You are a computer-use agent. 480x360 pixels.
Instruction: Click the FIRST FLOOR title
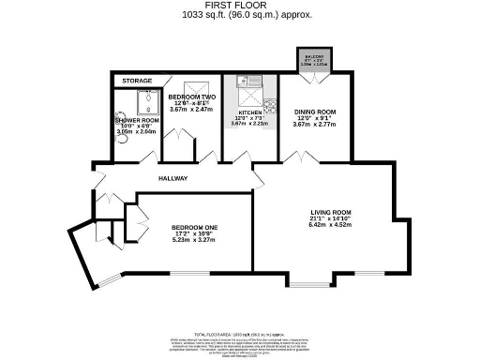pyautogui.click(x=239, y=6)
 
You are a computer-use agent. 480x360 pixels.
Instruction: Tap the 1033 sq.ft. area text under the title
pyautogui.click(x=239, y=15)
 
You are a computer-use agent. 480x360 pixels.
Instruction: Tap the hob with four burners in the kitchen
pyautogui.click(x=269, y=104)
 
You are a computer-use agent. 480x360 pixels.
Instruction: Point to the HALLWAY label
pyautogui.click(x=172, y=178)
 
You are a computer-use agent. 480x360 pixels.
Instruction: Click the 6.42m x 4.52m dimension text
pyautogui.click(x=335, y=225)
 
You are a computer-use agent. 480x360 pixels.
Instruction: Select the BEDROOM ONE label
pyautogui.click(x=194, y=228)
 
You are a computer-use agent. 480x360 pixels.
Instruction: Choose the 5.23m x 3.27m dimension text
pyautogui.click(x=194, y=241)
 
